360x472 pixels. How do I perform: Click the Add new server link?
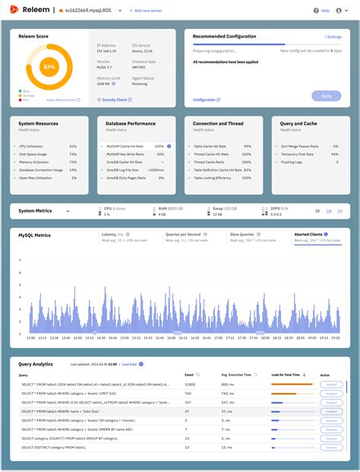pyautogui.click(x=148, y=11)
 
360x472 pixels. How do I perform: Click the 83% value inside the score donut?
pyautogui.click(x=49, y=68)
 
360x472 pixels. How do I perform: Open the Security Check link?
pyautogui.click(x=115, y=100)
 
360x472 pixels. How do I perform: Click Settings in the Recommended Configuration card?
pyautogui.click(x=333, y=36)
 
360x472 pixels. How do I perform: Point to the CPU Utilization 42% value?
pyautogui.click(x=73, y=145)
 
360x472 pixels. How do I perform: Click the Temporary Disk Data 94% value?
pyautogui.click(x=334, y=154)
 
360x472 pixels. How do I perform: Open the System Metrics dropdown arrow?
pyautogui.click(x=68, y=211)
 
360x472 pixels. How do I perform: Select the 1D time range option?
pyautogui.click(x=317, y=211)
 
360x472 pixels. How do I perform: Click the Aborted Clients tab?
pyautogui.click(x=311, y=235)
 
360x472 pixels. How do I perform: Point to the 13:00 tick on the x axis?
pyautogui.click(x=30, y=337)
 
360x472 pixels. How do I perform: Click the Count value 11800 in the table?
pyautogui.click(x=190, y=385)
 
